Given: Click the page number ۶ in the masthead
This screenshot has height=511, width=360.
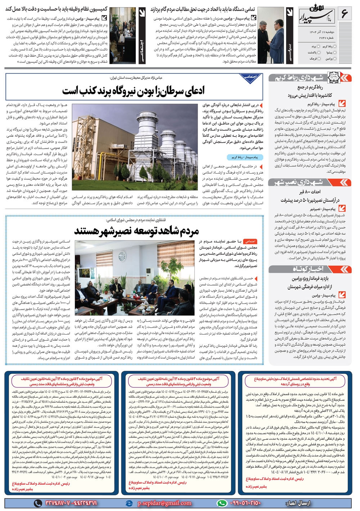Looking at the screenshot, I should (344, 15).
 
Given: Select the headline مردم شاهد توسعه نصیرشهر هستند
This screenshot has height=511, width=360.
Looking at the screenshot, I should (136, 230).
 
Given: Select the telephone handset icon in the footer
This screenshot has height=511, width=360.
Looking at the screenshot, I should (37, 503).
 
